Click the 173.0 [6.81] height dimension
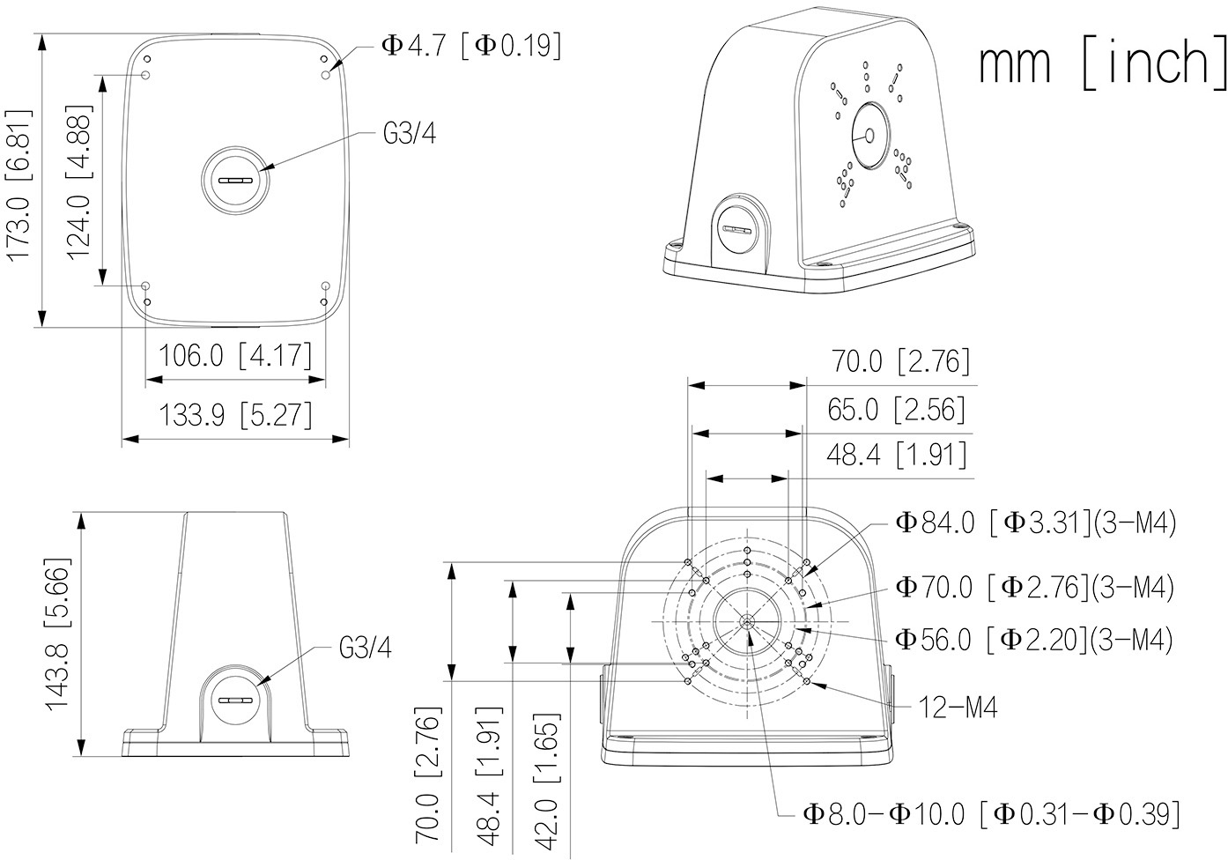19,184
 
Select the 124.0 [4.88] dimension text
79,181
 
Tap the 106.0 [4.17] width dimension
235,356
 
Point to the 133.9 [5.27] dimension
235,413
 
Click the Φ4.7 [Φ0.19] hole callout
471,45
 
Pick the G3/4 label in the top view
410,134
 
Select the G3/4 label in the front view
366,649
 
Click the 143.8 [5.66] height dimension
58,634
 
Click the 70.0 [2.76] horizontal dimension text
900,361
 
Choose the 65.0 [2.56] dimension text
897,409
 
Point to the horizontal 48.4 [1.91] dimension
897,456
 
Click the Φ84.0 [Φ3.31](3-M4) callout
1036,523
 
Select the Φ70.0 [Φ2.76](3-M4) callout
1034,587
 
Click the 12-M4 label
958,706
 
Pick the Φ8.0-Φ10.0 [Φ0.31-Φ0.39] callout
991,813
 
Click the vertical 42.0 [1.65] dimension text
547,781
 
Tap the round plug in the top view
236,179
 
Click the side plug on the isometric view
736,228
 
